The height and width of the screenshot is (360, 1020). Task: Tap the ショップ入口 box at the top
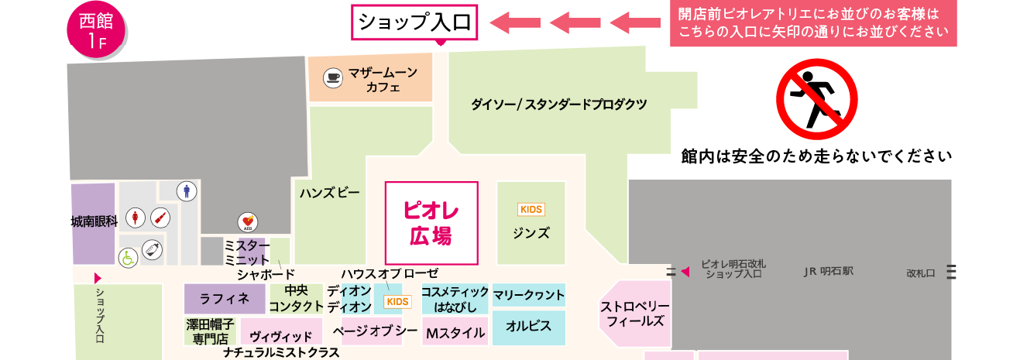[x=416, y=22]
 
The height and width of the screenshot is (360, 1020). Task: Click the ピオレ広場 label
[x=431, y=223]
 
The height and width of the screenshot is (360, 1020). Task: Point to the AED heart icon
[x=247, y=223]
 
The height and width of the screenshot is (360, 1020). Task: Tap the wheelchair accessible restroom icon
[x=125, y=256]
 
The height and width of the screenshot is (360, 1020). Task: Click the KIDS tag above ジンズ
[x=531, y=209]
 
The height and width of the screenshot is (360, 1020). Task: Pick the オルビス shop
[x=529, y=327]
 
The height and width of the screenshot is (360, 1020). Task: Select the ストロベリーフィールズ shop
[x=635, y=314]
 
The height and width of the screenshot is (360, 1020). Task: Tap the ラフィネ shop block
[x=225, y=299]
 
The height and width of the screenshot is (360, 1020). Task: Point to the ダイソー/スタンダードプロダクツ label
[x=558, y=103]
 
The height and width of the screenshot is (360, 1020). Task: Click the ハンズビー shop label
[x=329, y=193]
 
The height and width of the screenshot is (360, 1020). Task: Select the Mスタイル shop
[x=455, y=333]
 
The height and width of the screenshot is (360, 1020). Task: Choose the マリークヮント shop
[x=529, y=295]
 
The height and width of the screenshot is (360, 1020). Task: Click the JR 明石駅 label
[x=827, y=272]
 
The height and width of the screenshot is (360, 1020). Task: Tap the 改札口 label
[x=921, y=273]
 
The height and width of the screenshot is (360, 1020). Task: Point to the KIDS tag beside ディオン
[x=397, y=301]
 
